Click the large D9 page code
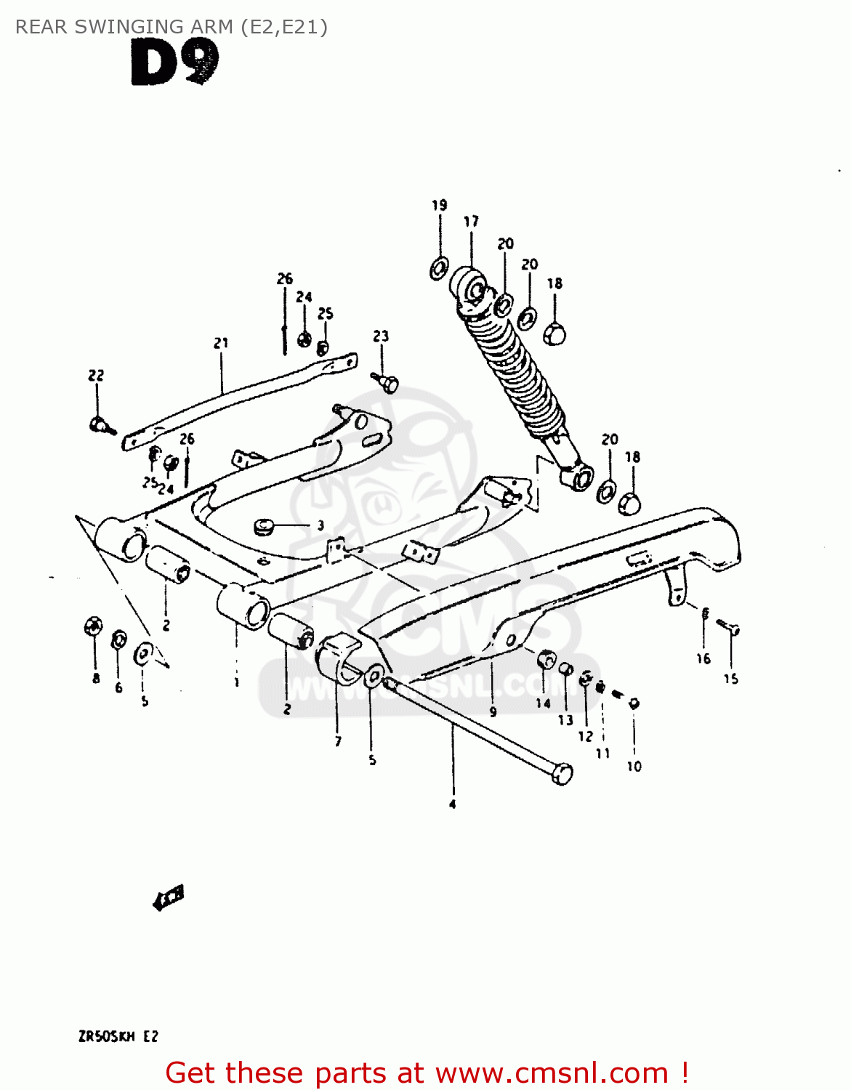[x=174, y=63]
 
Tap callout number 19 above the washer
[x=440, y=206]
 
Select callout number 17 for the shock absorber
[x=471, y=222]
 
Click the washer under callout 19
[x=439, y=269]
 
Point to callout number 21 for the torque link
[x=221, y=343]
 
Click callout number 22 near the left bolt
[x=96, y=376]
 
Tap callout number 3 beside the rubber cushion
[x=320, y=525]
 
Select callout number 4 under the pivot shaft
[x=452, y=804]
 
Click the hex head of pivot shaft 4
[x=562, y=773]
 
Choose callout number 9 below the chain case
[x=493, y=712]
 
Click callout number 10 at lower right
[x=634, y=767]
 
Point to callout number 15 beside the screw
[x=730, y=679]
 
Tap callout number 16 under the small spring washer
[x=703, y=659]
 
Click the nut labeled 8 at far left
[x=94, y=626]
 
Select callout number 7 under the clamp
[x=338, y=741]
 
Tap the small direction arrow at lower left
[x=169, y=898]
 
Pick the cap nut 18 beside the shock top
[x=554, y=334]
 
